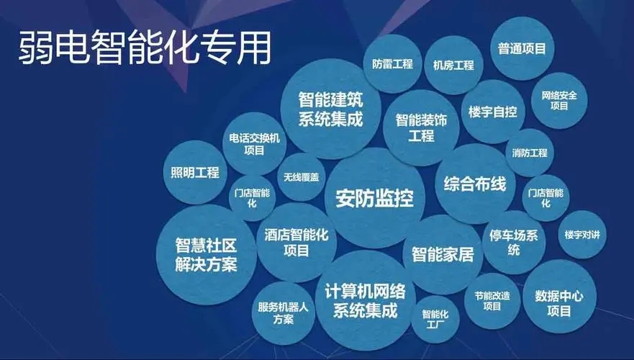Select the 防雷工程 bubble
click(392, 64)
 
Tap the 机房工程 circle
click(453, 66)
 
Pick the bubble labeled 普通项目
click(521, 49)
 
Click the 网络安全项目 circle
click(559, 100)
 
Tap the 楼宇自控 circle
click(492, 112)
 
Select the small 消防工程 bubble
click(529, 153)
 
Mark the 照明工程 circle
click(194, 172)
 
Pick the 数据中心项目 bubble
click(559, 302)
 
